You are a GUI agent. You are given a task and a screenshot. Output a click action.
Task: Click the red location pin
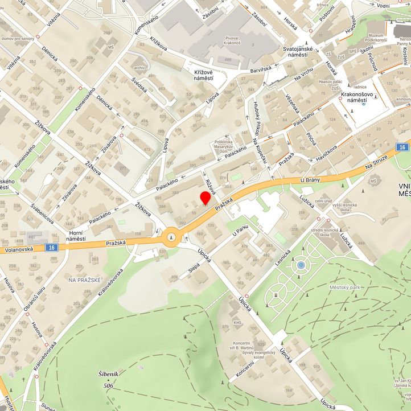(x=205, y=198)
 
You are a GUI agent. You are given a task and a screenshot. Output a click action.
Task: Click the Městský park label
(x=345, y=287)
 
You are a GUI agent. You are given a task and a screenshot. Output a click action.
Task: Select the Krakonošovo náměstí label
(x=357, y=96)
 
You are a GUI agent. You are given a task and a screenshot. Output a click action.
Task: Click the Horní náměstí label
(x=75, y=235)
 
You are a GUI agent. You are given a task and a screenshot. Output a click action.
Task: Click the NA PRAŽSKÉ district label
(x=84, y=280)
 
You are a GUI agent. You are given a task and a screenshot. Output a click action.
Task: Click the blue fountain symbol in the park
(x=301, y=265)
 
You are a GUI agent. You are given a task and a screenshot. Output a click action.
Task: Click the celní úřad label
(x=323, y=201)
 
